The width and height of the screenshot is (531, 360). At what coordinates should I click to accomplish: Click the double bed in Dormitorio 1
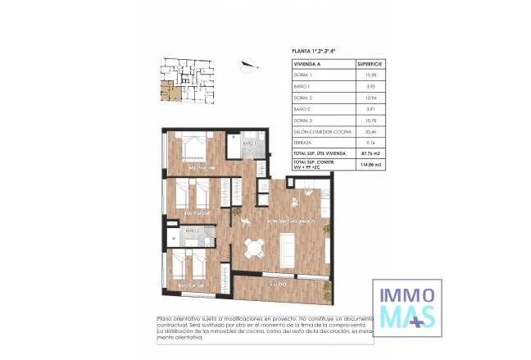pos(197,148)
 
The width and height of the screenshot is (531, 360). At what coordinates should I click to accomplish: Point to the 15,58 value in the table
pos(370,74)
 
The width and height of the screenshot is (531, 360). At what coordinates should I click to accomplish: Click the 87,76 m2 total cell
pos(370,153)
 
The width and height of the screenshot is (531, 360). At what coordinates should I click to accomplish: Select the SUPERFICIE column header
pos(370,62)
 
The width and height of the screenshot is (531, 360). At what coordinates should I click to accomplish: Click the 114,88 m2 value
pos(370,165)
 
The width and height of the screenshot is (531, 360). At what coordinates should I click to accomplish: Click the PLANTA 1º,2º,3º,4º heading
pos(314,51)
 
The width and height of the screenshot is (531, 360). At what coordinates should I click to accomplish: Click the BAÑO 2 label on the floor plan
pos(192,231)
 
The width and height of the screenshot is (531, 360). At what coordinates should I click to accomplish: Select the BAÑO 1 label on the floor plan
pos(249,144)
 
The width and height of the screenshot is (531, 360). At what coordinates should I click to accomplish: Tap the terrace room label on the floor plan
pos(280,284)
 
